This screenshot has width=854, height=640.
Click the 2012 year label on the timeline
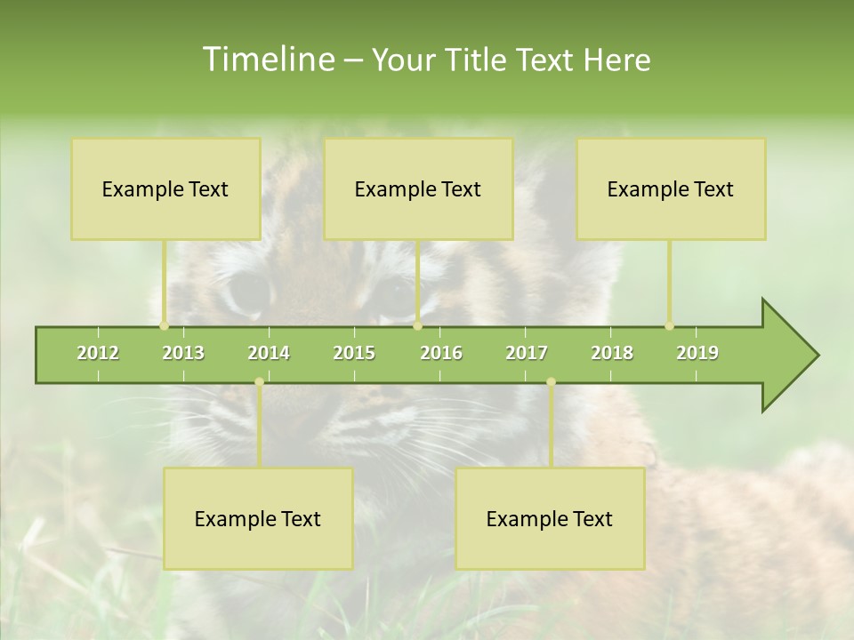98,353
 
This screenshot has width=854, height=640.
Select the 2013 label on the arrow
183,353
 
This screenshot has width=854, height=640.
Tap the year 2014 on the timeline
269,353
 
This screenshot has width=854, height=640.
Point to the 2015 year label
354,353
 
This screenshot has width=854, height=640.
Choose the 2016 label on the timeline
441,353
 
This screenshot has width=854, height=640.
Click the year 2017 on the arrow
527,353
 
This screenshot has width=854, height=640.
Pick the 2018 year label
612,353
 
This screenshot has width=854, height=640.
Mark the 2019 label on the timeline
697,353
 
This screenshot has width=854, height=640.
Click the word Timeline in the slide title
267,60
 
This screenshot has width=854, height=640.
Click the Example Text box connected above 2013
165,188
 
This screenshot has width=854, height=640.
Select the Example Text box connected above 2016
418,188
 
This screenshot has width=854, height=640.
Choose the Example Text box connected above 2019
671,188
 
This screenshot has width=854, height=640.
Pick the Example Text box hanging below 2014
258,518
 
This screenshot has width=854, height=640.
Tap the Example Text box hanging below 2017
550,518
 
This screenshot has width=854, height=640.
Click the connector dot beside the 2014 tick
259,382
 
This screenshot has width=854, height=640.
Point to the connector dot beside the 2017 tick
551,382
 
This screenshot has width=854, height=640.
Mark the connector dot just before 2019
669,326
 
